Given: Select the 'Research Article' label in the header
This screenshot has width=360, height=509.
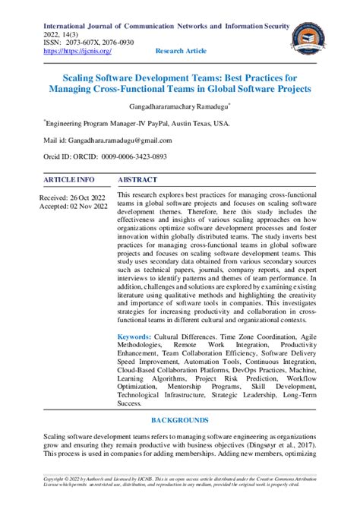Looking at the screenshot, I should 180,51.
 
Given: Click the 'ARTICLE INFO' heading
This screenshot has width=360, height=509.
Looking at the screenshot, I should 69,180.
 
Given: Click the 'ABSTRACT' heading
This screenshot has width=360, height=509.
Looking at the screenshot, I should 137,180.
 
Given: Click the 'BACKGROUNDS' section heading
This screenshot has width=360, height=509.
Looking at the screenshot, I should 179,420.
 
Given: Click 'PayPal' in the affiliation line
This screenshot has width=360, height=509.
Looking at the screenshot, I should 164,121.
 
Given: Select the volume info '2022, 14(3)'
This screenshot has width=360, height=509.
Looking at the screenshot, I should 63,33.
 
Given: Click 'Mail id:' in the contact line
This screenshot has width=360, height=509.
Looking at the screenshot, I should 56,140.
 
